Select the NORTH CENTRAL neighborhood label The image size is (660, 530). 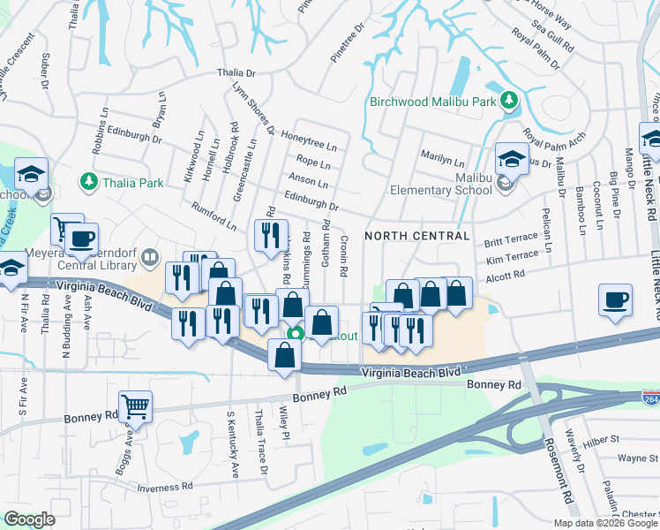[416, 236]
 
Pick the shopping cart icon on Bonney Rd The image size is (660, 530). [135, 406]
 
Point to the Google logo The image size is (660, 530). [30, 519]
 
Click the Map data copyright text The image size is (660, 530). [605, 523]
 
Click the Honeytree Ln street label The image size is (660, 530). [309, 140]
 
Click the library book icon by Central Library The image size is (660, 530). [150, 258]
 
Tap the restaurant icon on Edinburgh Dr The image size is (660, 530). [270, 234]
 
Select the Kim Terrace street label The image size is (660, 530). [512, 257]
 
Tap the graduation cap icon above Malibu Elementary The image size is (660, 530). [511, 158]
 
